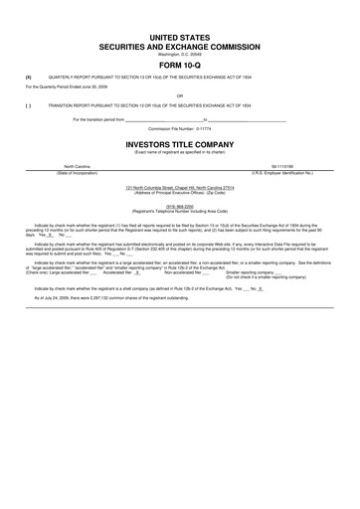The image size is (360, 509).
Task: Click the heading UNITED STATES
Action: (179, 35)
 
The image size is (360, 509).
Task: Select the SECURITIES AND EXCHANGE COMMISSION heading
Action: (179, 46)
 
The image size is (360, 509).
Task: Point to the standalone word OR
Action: (179, 95)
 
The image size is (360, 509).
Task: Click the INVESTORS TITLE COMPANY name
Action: (179, 143)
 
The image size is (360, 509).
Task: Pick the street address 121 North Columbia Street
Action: (179, 186)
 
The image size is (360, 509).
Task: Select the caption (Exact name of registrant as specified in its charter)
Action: (179, 151)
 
